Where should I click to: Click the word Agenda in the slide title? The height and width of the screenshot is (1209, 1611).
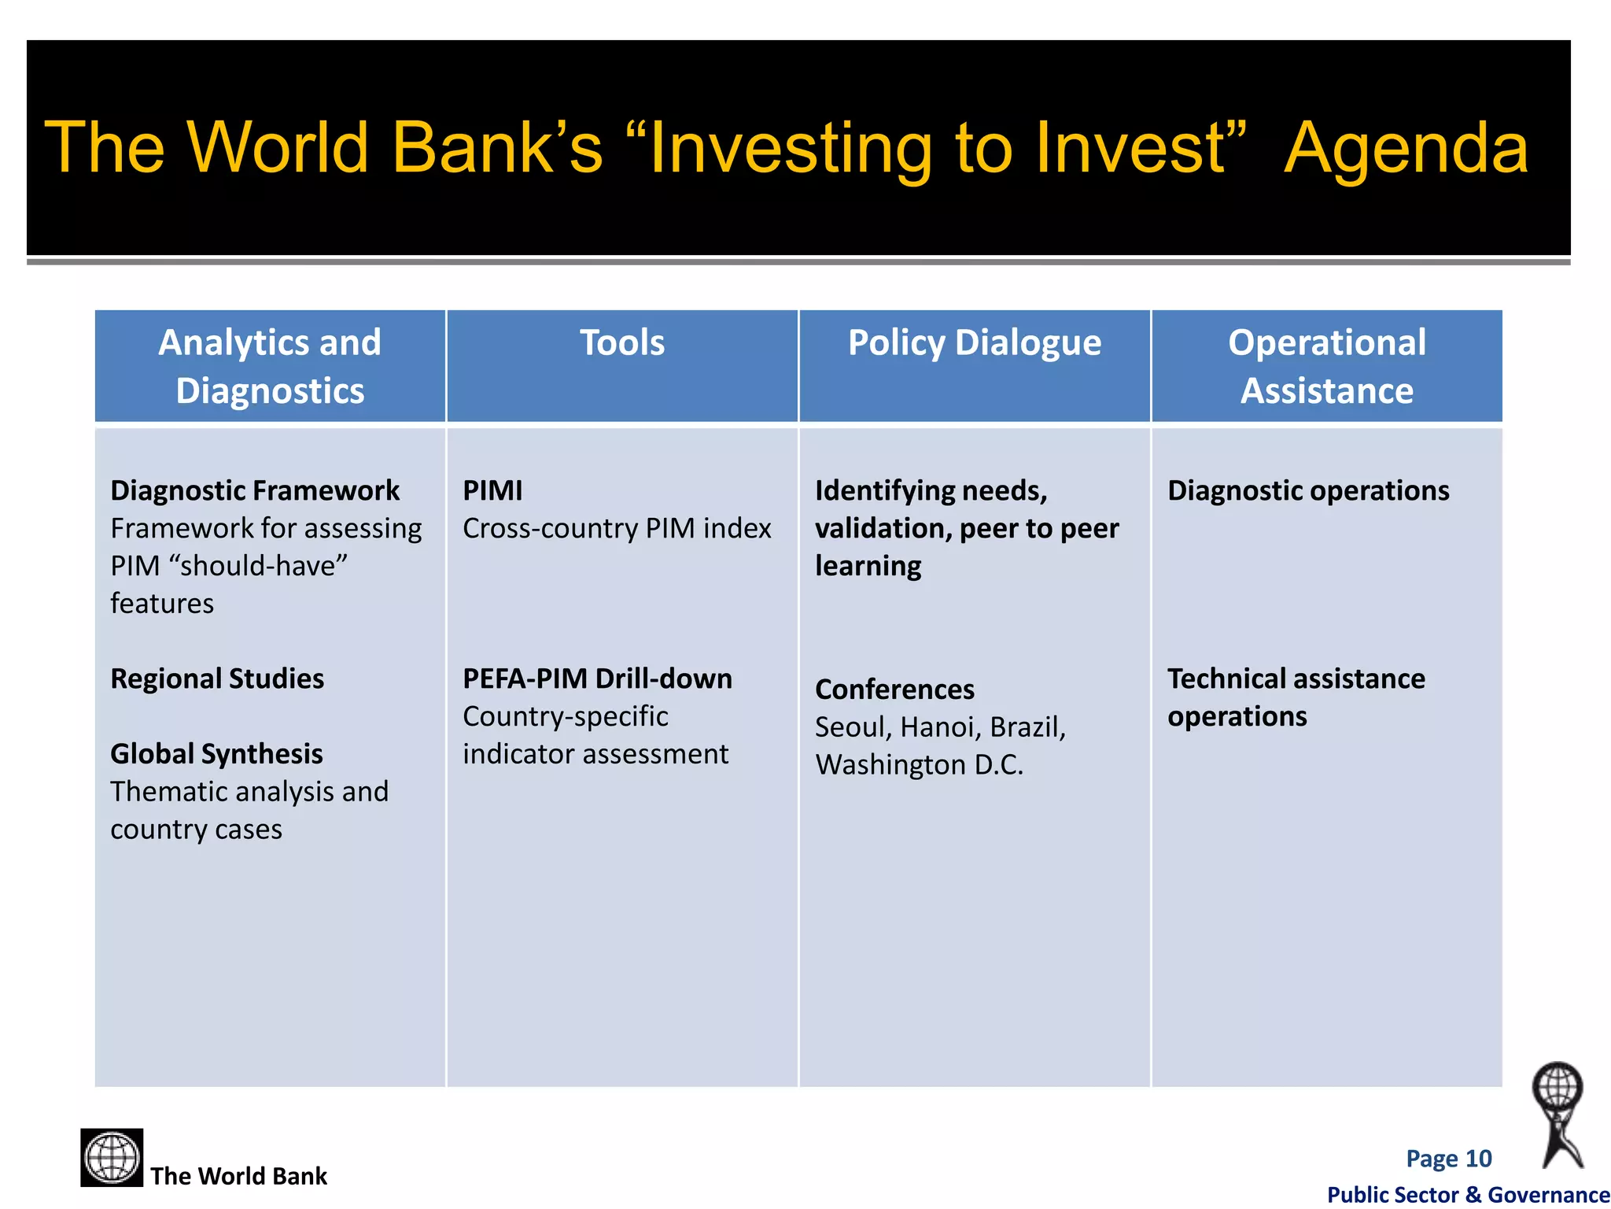pyautogui.click(x=1406, y=150)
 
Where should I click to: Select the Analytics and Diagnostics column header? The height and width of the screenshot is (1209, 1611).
pyautogui.click(x=270, y=366)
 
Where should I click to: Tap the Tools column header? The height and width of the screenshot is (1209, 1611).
pyautogui.click(x=622, y=343)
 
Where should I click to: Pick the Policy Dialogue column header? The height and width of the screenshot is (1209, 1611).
pyautogui.click(x=974, y=343)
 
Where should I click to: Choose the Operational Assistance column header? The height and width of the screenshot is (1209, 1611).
pyautogui.click(x=1326, y=366)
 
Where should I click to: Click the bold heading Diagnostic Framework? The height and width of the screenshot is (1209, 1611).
pyautogui.click(x=255, y=490)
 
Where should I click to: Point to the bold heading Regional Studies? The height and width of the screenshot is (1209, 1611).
pyautogui.click(x=217, y=678)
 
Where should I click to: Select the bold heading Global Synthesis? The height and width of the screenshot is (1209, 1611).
pyautogui.click(x=216, y=754)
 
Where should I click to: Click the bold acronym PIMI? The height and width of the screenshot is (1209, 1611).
pyautogui.click(x=492, y=490)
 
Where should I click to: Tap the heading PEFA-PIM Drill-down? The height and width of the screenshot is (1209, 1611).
pyautogui.click(x=597, y=678)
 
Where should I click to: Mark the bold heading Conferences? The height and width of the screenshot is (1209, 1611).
pyautogui.click(x=894, y=690)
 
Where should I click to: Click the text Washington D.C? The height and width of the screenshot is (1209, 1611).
pyautogui.click(x=919, y=765)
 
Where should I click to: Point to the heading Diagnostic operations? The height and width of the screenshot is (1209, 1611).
pyautogui.click(x=1307, y=490)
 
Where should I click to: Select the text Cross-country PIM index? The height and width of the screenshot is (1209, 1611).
pyautogui.click(x=617, y=528)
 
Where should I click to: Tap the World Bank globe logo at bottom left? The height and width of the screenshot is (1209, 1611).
pyautogui.click(x=112, y=1157)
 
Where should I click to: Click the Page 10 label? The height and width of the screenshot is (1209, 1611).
pyautogui.click(x=1448, y=1159)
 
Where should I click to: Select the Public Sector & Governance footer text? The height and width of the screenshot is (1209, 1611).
pyautogui.click(x=1468, y=1195)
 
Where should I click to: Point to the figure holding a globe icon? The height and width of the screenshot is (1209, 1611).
pyautogui.click(x=1559, y=1114)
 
